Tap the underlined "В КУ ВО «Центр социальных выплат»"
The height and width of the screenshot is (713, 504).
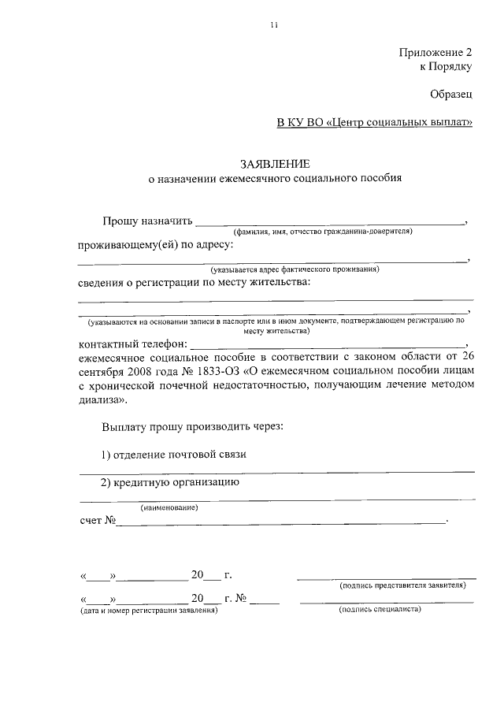coord(375,122)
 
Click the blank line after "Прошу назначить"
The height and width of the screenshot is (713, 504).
coord(330,224)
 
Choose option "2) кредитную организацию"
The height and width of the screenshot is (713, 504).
coord(169,482)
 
